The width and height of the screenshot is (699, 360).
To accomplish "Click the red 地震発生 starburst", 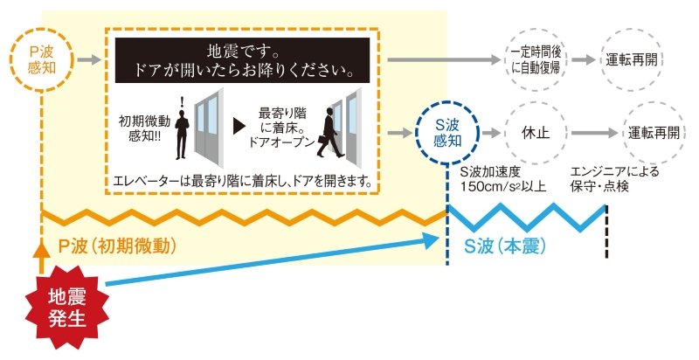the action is pos(67,308).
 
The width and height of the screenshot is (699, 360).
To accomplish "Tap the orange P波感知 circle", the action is pos(41,60).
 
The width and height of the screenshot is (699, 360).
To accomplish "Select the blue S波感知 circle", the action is pos(447,133).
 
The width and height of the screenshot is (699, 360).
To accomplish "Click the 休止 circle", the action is pos(536,133).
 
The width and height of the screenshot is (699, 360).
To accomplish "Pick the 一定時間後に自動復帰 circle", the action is pos(536,60).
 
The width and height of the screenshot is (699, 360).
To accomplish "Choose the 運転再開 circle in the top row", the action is pos(631,60).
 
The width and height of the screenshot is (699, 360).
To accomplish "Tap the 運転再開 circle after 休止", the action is pos(654,133).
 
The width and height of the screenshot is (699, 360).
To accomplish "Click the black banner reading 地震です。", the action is pos(242,60).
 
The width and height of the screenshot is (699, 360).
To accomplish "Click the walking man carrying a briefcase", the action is pos(329,133).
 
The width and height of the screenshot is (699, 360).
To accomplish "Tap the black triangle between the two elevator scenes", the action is pos(239,127).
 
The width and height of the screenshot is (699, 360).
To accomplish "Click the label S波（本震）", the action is pos(505,246).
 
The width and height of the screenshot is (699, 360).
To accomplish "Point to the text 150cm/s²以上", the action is pos(504,186).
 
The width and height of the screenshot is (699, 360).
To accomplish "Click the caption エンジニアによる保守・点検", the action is pos(614,179).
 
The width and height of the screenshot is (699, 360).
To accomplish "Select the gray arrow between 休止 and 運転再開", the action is pos(594,133).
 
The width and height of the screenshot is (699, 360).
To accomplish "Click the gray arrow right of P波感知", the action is pos(89,60).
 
